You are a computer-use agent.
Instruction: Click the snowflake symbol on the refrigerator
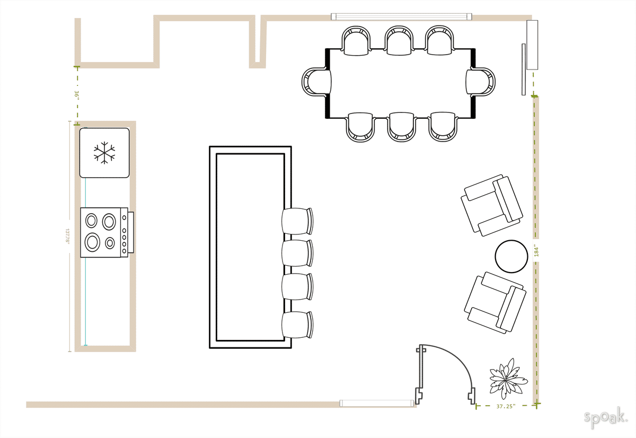pos(104,152)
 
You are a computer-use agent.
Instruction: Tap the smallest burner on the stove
pos(110,243)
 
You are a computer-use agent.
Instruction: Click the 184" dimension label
pos(536,251)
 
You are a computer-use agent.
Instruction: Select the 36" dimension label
pos(77,95)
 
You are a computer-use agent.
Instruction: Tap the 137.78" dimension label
pos(68,235)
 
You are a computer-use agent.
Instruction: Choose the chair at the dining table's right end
pos(481,82)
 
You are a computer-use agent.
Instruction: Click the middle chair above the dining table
pos(399,41)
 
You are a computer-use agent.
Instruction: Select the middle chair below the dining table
pos(401,126)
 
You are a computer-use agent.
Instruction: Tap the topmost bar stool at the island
pos(297,221)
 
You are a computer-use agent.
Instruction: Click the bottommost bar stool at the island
pos(297,325)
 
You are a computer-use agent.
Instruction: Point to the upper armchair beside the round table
pos(492,205)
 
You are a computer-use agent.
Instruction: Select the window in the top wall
pos(401,16)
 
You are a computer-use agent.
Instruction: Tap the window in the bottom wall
pos(376,404)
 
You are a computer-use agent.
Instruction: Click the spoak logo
pos(605,417)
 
